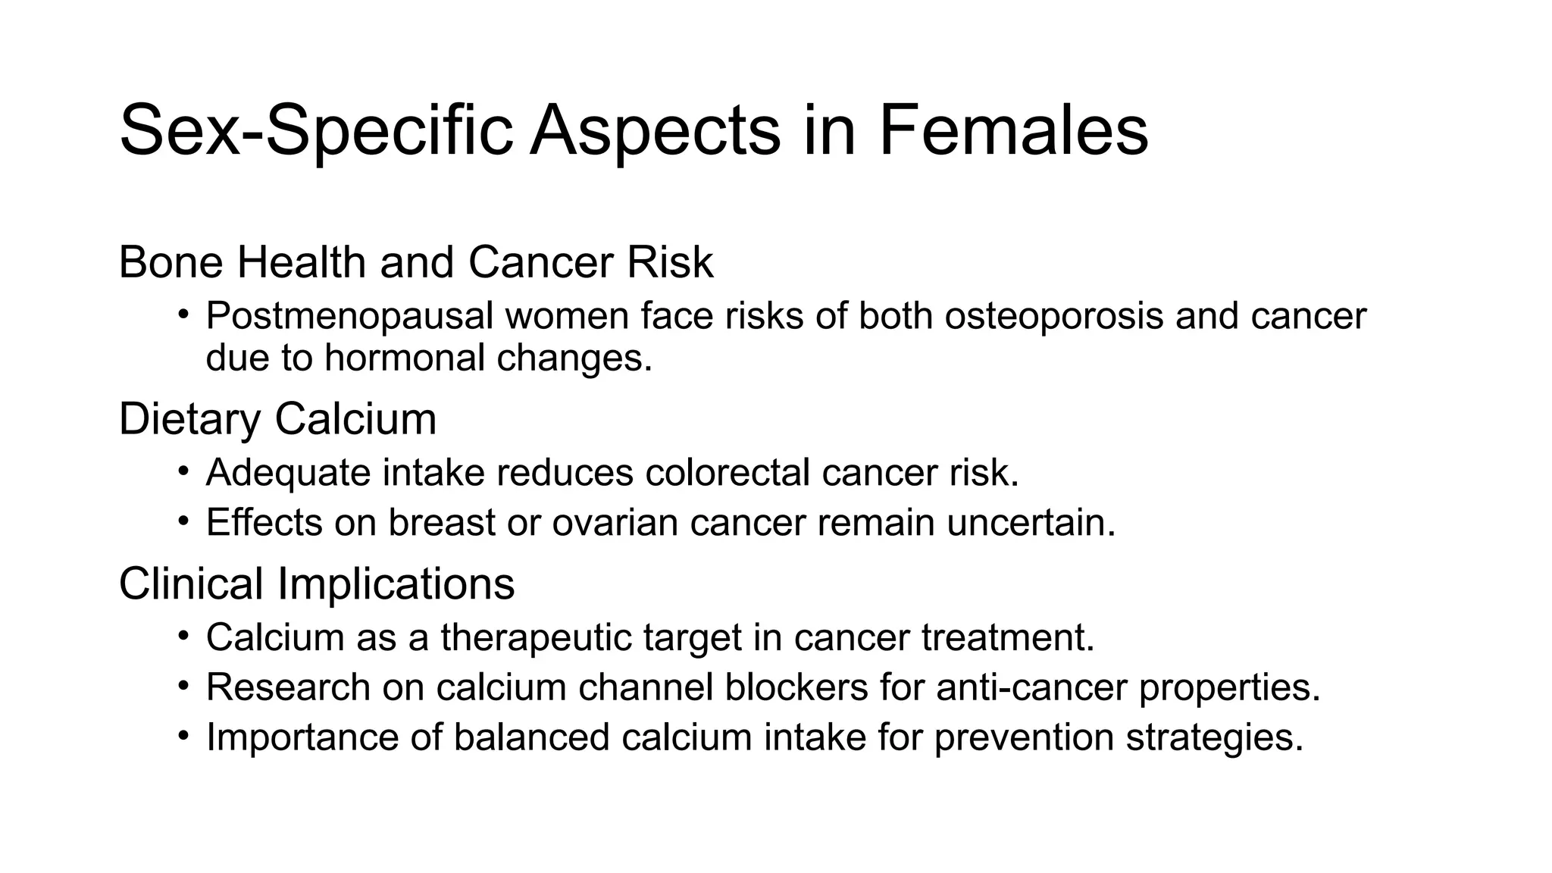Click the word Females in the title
pyautogui.click(x=1013, y=131)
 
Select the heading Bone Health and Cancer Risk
pyautogui.click(x=416, y=262)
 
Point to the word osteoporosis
pyautogui.click(x=1053, y=316)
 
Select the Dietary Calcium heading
pyautogui.click(x=278, y=419)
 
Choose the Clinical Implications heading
pyautogui.click(x=317, y=584)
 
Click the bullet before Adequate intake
pyautogui.click(x=183, y=471)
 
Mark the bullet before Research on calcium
pyautogui.click(x=183, y=686)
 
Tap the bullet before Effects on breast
pyautogui.click(x=183, y=521)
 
